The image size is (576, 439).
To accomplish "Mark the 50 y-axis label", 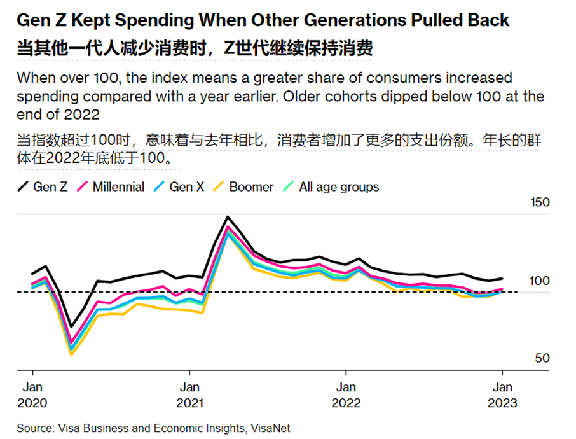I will tap(541, 359).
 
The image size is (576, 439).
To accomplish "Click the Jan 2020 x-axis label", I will tap(32, 394).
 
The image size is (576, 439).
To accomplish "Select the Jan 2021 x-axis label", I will tap(189, 394).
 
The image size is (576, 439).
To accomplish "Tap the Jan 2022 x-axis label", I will tap(346, 394).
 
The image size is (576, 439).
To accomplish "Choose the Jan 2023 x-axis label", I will tap(502, 394).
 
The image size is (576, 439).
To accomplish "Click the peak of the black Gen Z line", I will tap(227, 217).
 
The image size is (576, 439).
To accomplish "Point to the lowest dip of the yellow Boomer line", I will tap(71, 354).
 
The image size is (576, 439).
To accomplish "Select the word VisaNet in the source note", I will tap(269, 428).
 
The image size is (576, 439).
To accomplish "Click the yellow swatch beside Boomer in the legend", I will tap(219, 187).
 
